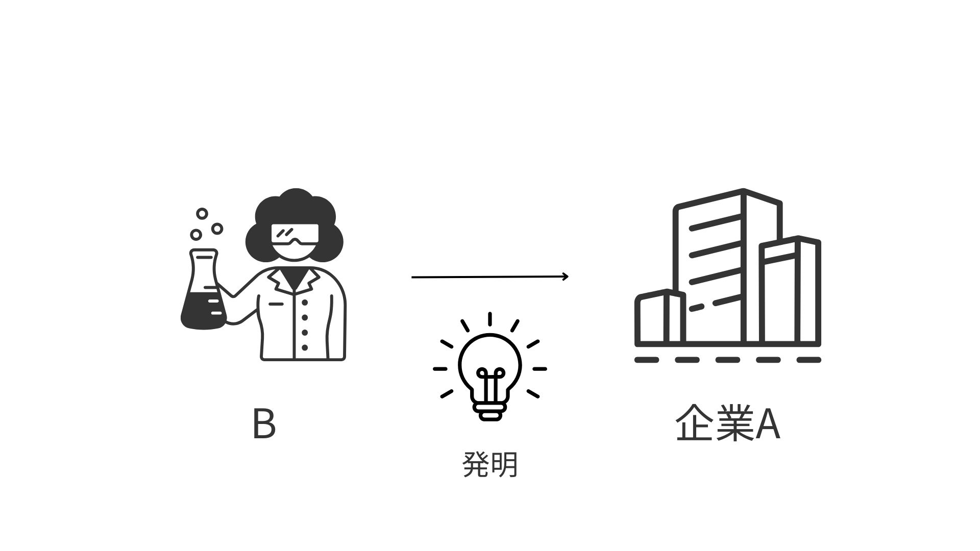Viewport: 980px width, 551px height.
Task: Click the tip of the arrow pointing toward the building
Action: [x=568, y=277]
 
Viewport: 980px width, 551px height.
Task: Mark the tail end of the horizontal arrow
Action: [x=412, y=277]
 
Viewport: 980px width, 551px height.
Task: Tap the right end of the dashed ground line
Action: [x=820, y=360]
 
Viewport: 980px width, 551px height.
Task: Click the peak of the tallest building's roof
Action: [x=744, y=190]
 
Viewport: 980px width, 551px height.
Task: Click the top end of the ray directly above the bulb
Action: [x=490, y=313]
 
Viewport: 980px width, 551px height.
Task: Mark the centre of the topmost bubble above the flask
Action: [x=202, y=214]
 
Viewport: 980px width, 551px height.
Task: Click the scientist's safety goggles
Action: [x=295, y=235]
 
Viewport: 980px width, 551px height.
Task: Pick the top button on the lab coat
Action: [x=305, y=303]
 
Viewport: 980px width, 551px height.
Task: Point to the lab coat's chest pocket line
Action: [x=276, y=304]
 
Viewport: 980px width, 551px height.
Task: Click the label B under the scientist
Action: [x=264, y=423]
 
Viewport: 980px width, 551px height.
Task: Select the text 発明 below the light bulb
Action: [x=490, y=464]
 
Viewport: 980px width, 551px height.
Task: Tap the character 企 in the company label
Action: [x=695, y=423]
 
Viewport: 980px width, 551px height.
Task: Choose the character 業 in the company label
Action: [x=734, y=423]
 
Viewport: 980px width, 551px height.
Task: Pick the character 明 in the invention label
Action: [x=504, y=464]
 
